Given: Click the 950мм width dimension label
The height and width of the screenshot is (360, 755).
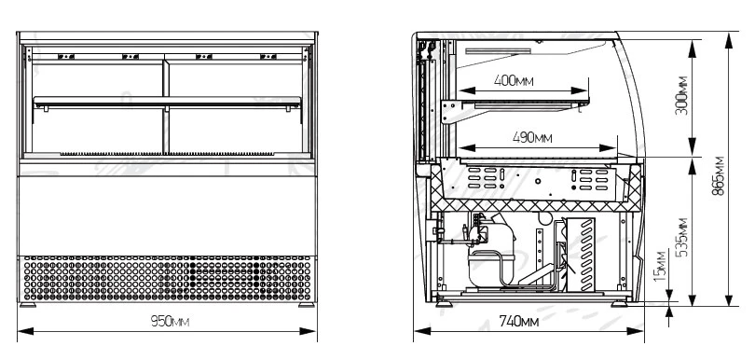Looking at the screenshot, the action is (170, 322).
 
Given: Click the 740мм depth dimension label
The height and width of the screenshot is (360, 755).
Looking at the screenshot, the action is (518, 322).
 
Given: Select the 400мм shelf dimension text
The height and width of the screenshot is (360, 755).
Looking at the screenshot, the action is (514, 80).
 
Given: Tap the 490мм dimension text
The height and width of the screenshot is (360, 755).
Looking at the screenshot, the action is (532, 138).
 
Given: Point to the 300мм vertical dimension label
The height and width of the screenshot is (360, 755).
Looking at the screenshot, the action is (681, 95).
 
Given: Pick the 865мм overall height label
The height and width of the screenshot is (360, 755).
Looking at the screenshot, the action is (718, 175).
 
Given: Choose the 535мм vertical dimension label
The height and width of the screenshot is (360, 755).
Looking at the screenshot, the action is (681, 237).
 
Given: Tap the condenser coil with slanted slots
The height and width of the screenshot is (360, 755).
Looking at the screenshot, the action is (582, 255).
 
